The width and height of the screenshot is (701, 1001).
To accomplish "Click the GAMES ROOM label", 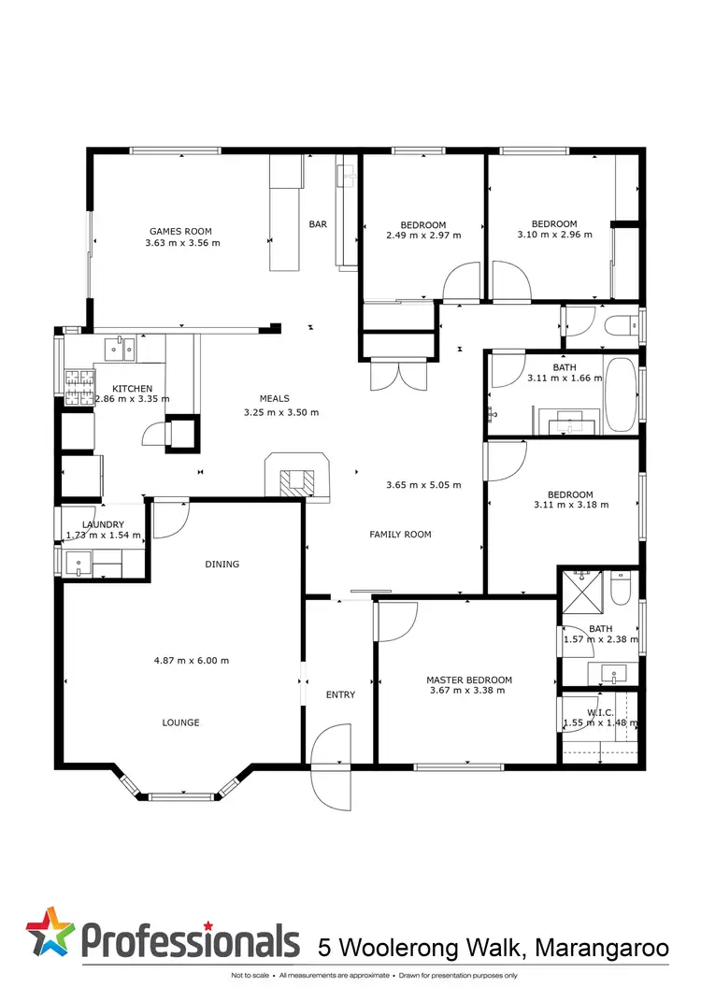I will [x=180, y=231].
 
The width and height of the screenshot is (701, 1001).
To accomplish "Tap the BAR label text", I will [x=318, y=224].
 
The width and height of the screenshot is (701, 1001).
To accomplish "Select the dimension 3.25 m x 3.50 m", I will [x=280, y=412].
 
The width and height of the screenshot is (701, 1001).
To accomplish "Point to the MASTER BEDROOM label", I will [x=468, y=680].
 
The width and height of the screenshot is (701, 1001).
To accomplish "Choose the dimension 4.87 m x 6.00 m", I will [x=191, y=660].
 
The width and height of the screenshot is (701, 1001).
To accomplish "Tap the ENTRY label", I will [x=340, y=694].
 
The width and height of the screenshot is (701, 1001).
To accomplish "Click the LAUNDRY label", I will [x=103, y=524].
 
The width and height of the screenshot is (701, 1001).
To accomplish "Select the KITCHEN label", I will [x=132, y=389].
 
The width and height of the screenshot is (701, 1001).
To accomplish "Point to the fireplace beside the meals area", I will [x=298, y=478].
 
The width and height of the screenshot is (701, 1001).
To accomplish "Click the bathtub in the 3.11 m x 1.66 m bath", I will [x=620, y=393].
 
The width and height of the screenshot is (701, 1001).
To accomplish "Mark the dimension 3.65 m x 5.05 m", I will [x=423, y=485].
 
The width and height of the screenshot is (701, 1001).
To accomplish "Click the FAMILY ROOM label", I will [x=400, y=535].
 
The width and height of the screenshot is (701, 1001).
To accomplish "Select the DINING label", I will [x=222, y=564].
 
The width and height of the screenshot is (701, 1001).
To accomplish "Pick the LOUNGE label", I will [x=180, y=722].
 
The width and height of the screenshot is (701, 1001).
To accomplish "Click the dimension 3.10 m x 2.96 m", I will [x=554, y=235].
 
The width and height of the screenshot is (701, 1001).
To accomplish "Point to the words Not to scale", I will [x=251, y=977].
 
